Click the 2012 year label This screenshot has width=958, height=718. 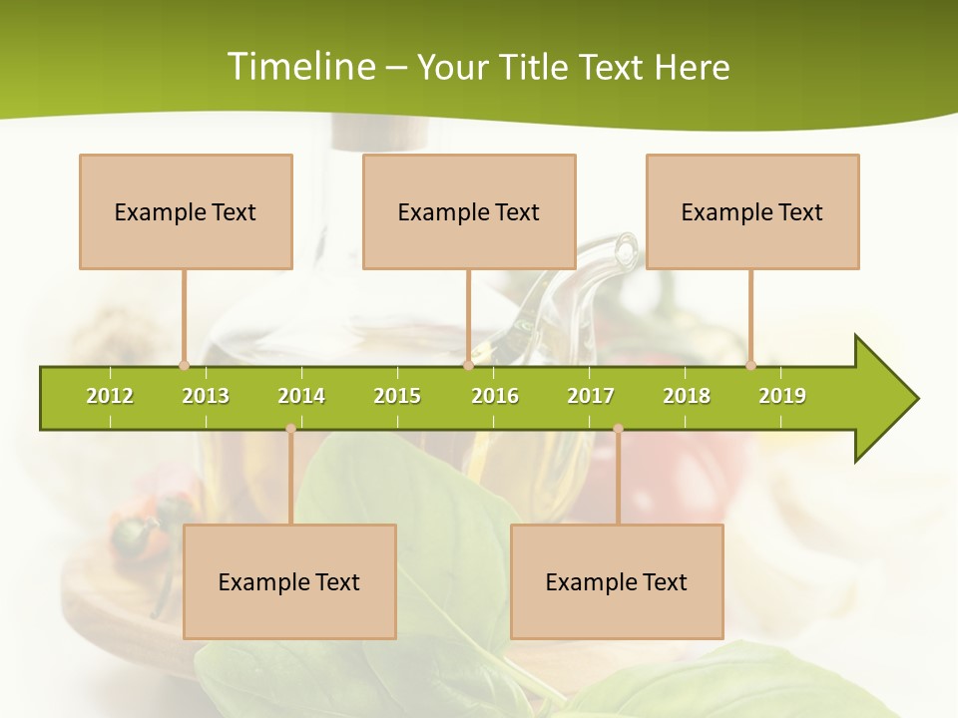pyautogui.click(x=110, y=396)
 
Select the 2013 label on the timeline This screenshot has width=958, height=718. pyautogui.click(x=206, y=396)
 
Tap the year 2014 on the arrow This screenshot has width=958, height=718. pyautogui.click(x=301, y=396)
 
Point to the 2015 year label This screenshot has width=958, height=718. pyautogui.click(x=397, y=396)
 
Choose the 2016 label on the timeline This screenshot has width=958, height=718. pyautogui.click(x=495, y=396)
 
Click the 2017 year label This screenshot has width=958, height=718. pyautogui.click(x=591, y=396)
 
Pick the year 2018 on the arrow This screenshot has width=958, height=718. pyautogui.click(x=687, y=396)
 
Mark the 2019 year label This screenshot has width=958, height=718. pyautogui.click(x=782, y=396)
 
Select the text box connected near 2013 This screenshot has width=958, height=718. pyautogui.click(x=186, y=211)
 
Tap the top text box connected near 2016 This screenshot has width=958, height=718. pyautogui.click(x=469, y=211)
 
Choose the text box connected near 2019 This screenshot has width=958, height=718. pyautogui.click(x=752, y=211)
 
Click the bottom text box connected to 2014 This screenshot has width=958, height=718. pyautogui.click(x=289, y=581)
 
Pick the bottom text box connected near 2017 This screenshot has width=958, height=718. pyautogui.click(x=617, y=581)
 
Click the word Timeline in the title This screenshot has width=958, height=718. pyautogui.click(x=300, y=67)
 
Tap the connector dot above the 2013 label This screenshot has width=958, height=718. pyautogui.click(x=184, y=365)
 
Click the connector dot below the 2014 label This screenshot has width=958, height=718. pyautogui.click(x=290, y=429)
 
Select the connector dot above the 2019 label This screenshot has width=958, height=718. pyautogui.click(x=750, y=365)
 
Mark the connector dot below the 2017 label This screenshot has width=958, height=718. pyautogui.click(x=618, y=429)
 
